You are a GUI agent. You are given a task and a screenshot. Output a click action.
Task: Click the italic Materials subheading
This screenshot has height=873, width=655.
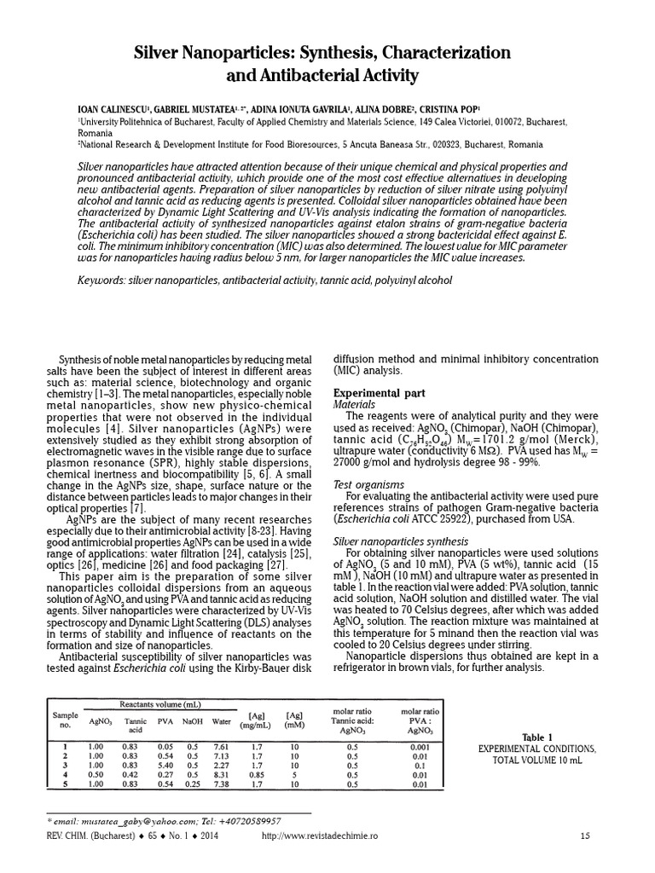353,404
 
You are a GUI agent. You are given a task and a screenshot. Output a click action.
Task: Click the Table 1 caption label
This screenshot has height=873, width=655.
537,737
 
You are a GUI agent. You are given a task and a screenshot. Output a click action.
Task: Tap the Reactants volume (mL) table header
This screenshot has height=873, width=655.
161,704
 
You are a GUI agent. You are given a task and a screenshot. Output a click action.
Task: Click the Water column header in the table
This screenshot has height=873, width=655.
222,721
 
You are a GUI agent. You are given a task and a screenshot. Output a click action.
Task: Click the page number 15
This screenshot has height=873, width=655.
584,835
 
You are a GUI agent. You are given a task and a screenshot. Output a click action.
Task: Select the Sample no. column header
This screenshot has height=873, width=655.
66,721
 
